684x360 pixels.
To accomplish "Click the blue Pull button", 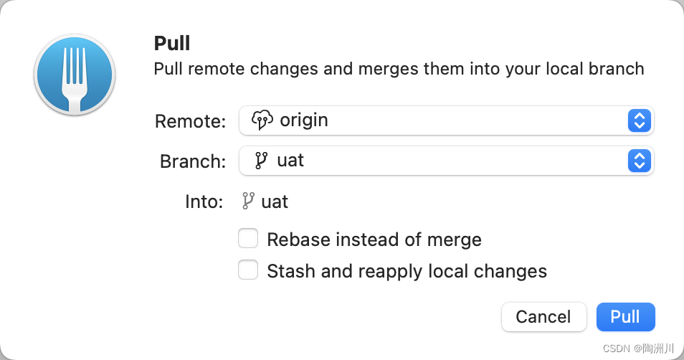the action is pyautogui.click(x=625, y=317).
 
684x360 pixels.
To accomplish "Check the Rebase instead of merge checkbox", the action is pyautogui.click(x=248, y=238).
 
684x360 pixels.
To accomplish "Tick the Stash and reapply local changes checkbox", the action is pyautogui.click(x=248, y=270).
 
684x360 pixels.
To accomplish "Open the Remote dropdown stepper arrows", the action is pyautogui.click(x=640, y=121).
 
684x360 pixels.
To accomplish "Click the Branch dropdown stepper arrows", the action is pyautogui.click(x=640, y=161).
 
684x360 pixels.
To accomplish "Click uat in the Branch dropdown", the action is pyautogui.click(x=290, y=161).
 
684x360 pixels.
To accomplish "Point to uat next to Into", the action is pyautogui.click(x=275, y=202).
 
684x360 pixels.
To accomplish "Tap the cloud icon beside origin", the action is pyautogui.click(x=262, y=120).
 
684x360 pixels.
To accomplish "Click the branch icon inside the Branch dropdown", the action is pyautogui.click(x=261, y=161).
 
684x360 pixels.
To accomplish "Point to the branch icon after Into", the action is pyautogui.click(x=248, y=201).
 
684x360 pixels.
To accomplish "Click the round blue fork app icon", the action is pyautogui.click(x=75, y=75).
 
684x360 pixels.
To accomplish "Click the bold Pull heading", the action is pyautogui.click(x=172, y=43).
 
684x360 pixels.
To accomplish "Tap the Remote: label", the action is pyautogui.click(x=190, y=121).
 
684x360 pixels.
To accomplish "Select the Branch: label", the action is pyautogui.click(x=193, y=161).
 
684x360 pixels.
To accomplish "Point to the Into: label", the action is pyautogui.click(x=204, y=202).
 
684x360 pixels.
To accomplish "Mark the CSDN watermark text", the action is pyautogui.click(x=638, y=349).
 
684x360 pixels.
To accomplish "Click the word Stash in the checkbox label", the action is pyautogui.click(x=291, y=271).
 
